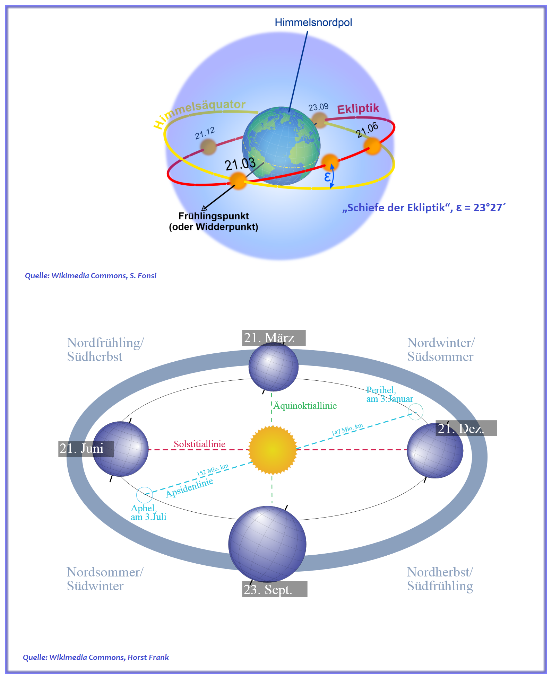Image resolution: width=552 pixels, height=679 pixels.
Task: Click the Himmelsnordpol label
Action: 313,23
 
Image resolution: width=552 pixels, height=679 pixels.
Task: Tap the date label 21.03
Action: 240,164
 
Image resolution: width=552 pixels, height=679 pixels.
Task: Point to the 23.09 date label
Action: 318,107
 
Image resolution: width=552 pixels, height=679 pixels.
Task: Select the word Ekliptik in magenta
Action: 358,109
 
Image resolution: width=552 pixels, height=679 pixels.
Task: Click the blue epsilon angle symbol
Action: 327,177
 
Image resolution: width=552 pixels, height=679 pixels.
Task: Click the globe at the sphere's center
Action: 281,146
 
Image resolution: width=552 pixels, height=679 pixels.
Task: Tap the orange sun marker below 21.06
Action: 372,146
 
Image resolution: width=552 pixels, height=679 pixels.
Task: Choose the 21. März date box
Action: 274,338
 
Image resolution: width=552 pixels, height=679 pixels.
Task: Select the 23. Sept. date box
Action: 275,589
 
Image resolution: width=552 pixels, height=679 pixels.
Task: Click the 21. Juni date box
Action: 86,449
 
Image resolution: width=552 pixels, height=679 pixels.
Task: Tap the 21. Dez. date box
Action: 466,428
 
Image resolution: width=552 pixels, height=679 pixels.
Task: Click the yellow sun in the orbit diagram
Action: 273,450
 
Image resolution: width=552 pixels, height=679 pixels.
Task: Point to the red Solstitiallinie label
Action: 199,444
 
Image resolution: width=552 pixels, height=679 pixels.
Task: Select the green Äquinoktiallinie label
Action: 305,406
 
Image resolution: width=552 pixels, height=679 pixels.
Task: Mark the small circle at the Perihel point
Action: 415,412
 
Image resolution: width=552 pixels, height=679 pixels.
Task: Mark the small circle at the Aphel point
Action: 145,495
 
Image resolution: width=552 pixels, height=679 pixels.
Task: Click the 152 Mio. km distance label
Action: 213,470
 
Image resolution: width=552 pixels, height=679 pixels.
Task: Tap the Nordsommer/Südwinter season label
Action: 105,579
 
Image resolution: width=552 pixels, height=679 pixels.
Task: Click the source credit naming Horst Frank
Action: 96,657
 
